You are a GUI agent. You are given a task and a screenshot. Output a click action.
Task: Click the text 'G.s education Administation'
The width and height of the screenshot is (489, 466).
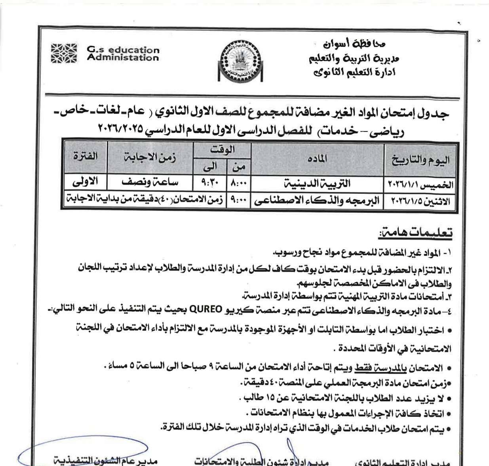coord(123,54)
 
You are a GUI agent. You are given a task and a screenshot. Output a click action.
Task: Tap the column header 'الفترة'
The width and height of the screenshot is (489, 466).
coord(85,156)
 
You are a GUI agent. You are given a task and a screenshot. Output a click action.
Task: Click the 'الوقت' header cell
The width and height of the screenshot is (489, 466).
coord(222,150)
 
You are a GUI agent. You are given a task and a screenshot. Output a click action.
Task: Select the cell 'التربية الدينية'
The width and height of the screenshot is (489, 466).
coord(318,184)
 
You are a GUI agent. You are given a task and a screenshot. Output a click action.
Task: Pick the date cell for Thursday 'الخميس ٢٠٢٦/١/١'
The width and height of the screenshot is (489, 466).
coord(420,185)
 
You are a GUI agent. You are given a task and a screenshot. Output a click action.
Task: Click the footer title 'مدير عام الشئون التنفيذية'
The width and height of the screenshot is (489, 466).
coord(106,461)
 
